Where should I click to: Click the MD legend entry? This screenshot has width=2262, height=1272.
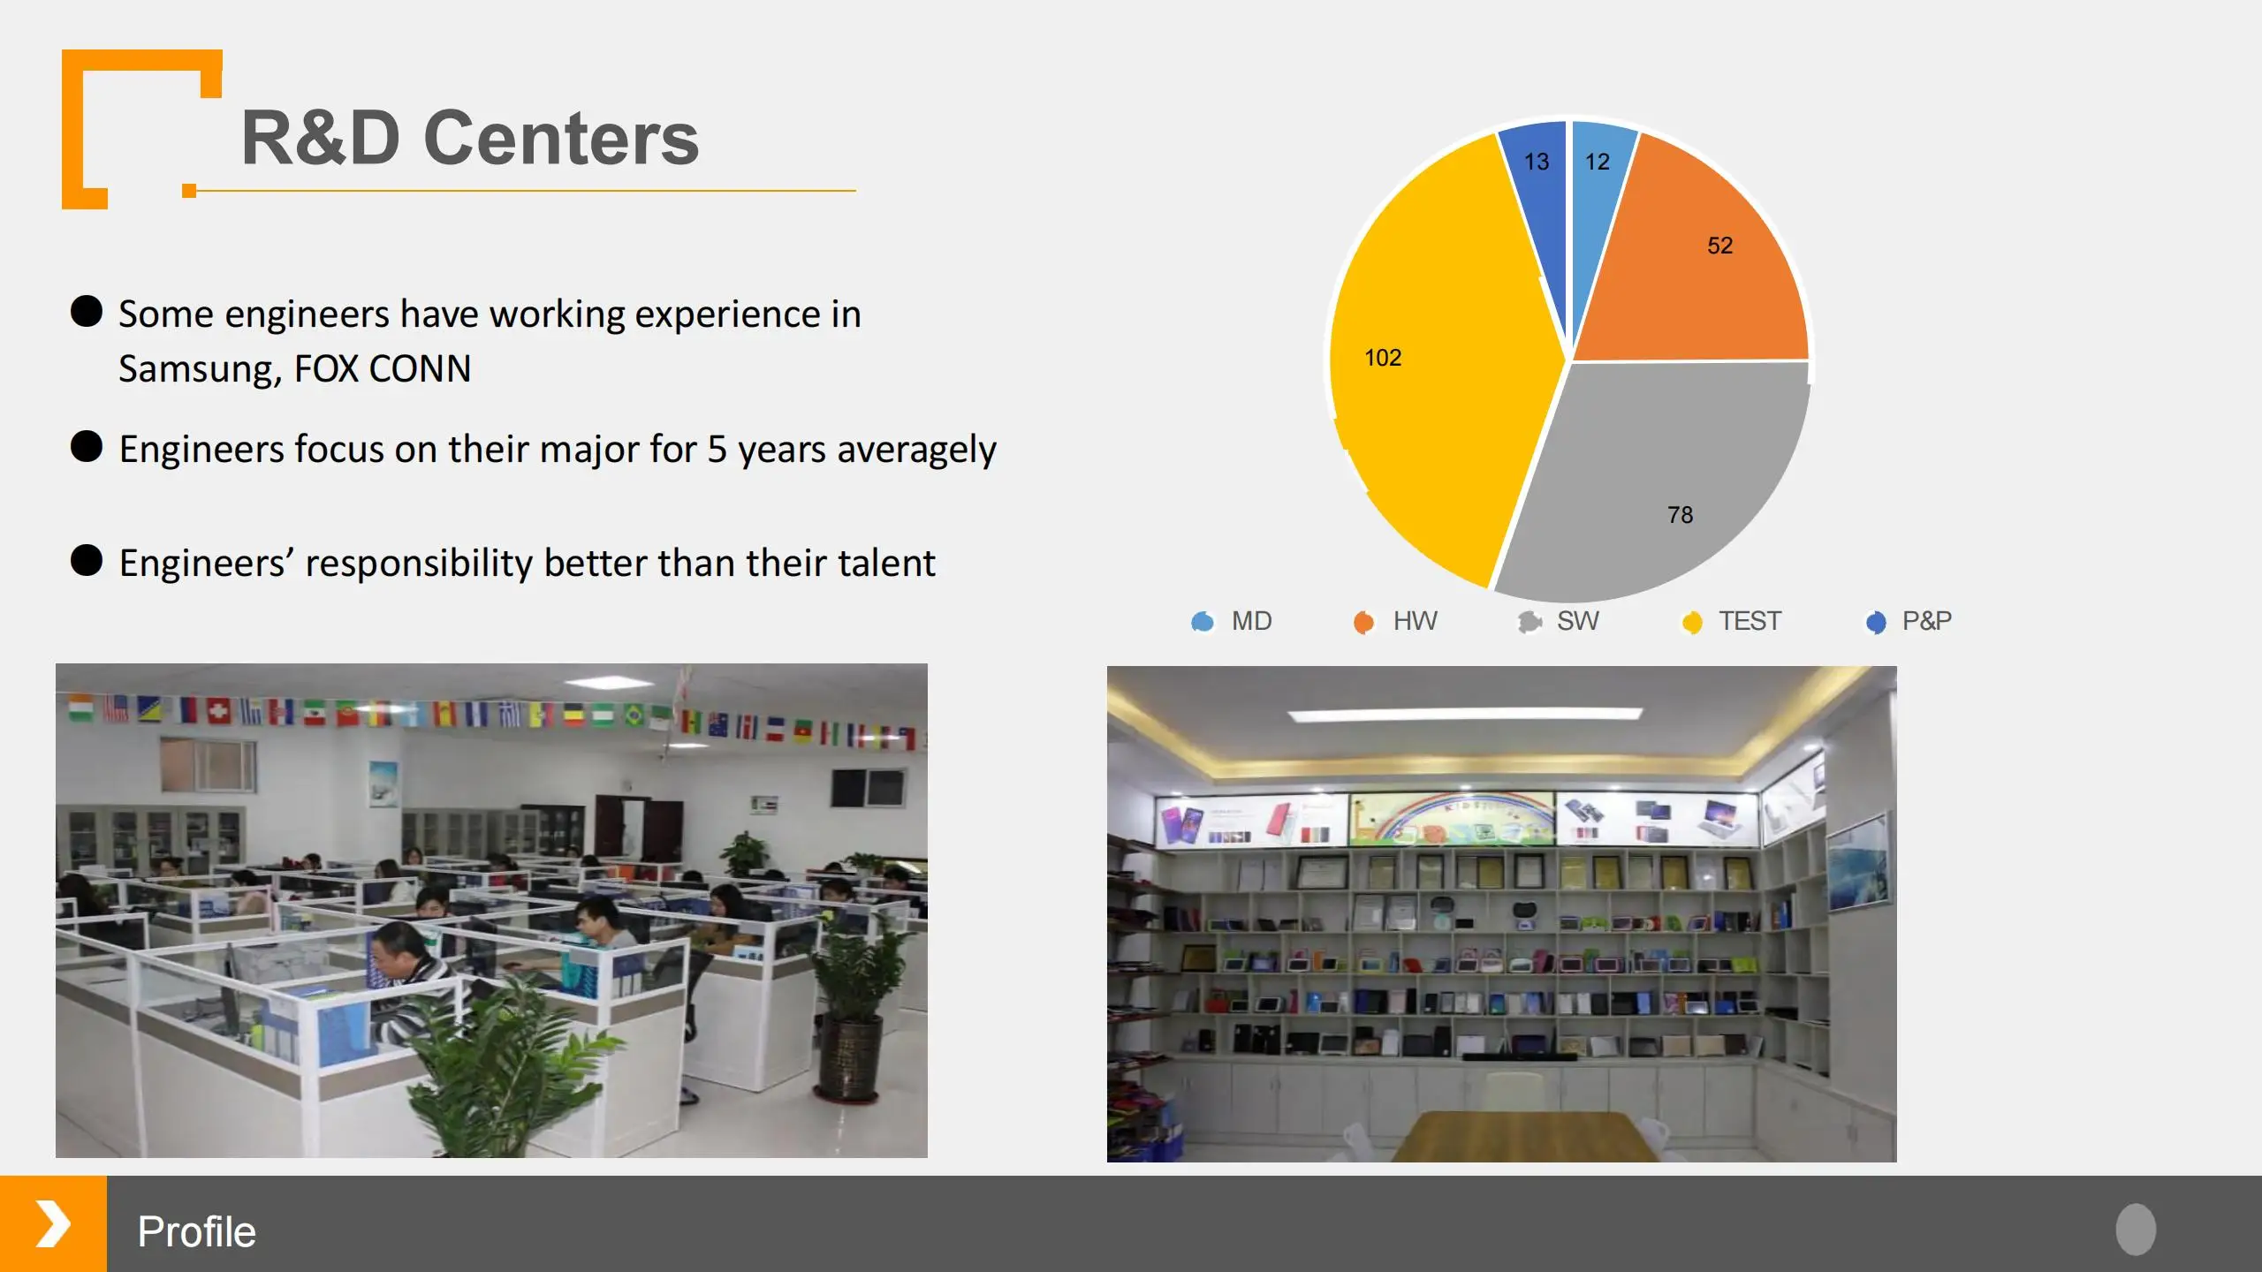pyautogui.click(x=1232, y=621)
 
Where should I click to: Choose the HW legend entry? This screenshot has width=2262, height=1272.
pyautogui.click(x=1395, y=621)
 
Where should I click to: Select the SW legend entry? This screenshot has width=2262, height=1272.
pyautogui.click(x=1559, y=621)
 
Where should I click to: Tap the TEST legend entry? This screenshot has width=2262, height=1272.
pyautogui.click(x=1732, y=621)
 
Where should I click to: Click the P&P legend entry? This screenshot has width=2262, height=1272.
pyautogui.click(x=1909, y=621)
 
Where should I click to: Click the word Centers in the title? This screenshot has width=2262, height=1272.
pyautogui.click(x=561, y=138)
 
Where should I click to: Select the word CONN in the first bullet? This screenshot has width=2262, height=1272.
pyautogui.click(x=420, y=368)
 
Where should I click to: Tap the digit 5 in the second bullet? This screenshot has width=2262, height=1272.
pyautogui.click(x=717, y=450)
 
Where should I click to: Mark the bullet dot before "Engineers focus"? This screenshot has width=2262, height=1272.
pyautogui.click(x=87, y=446)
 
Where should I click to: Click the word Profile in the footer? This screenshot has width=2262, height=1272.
pyautogui.click(x=197, y=1231)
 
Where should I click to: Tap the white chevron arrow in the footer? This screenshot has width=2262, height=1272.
pyautogui.click(x=53, y=1223)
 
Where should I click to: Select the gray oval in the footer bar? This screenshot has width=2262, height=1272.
pyautogui.click(x=2136, y=1229)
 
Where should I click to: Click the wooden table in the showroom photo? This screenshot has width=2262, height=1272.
pyautogui.click(x=1524, y=1137)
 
